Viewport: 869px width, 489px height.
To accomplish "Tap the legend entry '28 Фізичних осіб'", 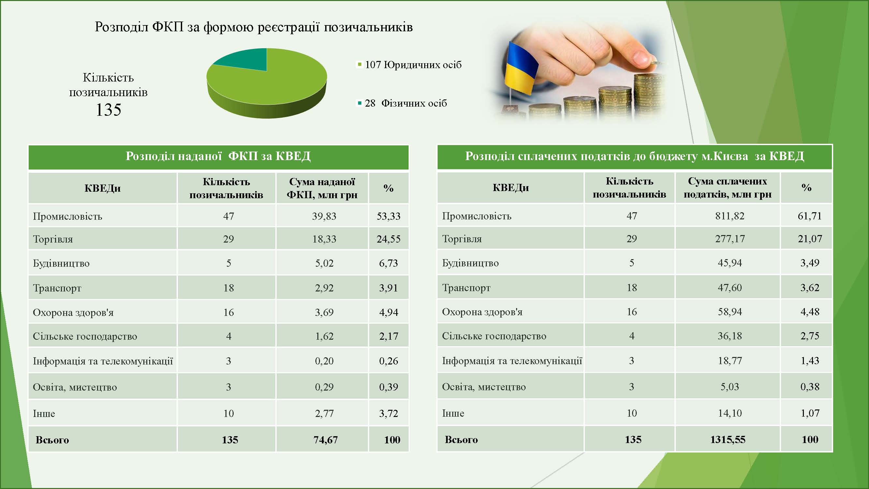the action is pyautogui.click(x=402, y=103).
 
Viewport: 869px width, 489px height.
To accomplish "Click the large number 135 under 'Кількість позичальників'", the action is pyautogui.click(x=108, y=110).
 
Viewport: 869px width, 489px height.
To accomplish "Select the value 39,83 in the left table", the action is pyautogui.click(x=324, y=216).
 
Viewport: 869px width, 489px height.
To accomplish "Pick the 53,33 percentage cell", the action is pyautogui.click(x=389, y=216).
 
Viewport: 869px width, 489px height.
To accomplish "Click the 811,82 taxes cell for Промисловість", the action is pyautogui.click(x=730, y=215).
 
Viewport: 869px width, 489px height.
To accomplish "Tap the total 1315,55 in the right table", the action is pyautogui.click(x=728, y=439).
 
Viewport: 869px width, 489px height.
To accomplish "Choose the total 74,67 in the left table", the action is pyautogui.click(x=326, y=440).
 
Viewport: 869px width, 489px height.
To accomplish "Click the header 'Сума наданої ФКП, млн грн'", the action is pyautogui.click(x=322, y=188).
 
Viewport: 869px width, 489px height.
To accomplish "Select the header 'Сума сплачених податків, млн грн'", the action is pyautogui.click(x=728, y=187).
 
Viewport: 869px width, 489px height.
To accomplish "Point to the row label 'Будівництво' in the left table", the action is pyautogui.click(x=61, y=263).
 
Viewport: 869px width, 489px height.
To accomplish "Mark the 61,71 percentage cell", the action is pyautogui.click(x=810, y=215).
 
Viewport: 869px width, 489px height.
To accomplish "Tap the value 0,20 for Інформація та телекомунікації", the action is pyautogui.click(x=324, y=361).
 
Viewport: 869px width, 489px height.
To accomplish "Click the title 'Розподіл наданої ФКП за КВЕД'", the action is pyautogui.click(x=218, y=156).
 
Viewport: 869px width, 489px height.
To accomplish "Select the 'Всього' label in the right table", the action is pyautogui.click(x=461, y=439).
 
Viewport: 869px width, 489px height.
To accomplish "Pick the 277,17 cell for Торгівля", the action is pyautogui.click(x=730, y=239).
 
